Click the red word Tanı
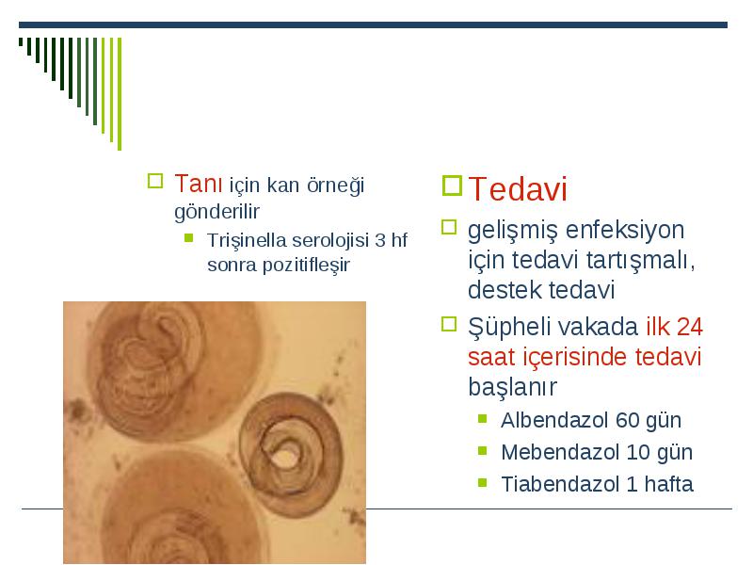198,184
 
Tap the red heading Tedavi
518,188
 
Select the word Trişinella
247,240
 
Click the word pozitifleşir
306,266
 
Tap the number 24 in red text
690,327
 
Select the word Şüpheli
505,328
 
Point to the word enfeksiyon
625,230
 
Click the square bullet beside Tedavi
452,186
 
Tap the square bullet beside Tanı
155,181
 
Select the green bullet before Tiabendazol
483,482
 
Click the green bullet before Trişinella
189,238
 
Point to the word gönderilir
216,212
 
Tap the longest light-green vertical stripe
120,93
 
